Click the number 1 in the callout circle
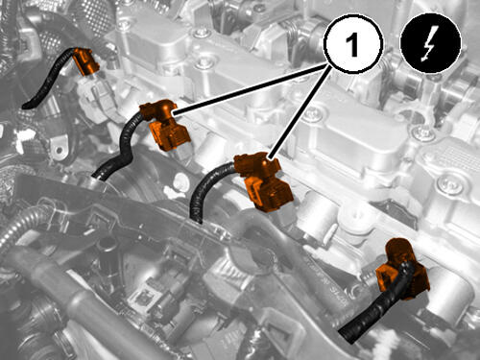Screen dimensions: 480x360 352,44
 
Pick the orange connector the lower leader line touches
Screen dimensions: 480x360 263,180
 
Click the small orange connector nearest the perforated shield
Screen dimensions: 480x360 85,61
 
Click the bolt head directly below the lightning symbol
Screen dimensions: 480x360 420,132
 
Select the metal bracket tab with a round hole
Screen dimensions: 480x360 60,147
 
